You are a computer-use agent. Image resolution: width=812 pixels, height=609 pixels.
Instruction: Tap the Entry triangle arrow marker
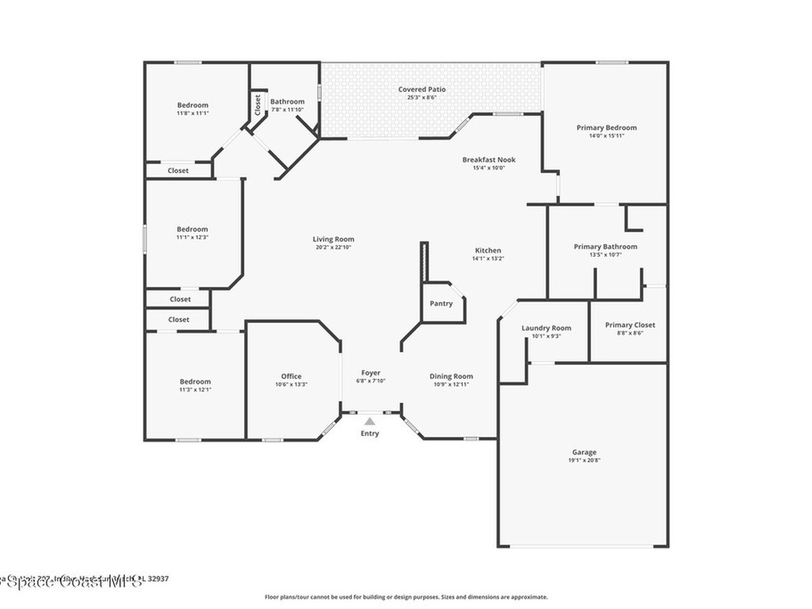(370, 422)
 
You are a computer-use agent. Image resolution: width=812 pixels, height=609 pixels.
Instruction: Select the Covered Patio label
(421, 90)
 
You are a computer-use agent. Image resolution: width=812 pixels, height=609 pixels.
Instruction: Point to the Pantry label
(441, 304)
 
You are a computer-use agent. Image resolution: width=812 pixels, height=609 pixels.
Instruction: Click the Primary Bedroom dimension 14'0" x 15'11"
(606, 136)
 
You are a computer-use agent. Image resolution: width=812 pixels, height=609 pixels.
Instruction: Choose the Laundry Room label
(546, 328)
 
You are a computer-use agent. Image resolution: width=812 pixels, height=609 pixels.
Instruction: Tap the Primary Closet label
(630, 325)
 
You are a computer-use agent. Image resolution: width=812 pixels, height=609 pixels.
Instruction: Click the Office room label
(291, 377)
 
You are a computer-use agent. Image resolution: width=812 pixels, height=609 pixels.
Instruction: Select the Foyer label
(370, 373)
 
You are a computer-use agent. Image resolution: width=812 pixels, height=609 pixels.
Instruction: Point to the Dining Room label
(451, 377)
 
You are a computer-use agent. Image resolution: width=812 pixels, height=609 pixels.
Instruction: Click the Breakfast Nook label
(488, 159)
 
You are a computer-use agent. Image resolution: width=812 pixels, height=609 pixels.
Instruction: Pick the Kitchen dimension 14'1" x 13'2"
(488, 259)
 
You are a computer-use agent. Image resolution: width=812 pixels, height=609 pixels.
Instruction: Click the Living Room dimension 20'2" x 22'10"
(333, 247)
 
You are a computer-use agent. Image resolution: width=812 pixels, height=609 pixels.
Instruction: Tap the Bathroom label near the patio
(287, 101)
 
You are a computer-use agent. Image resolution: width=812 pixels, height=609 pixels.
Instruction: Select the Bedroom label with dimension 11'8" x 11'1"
(193, 105)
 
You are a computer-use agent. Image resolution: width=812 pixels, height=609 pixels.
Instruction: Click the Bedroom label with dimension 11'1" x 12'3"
(193, 229)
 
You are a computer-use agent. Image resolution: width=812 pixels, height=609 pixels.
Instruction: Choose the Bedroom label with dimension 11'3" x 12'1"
(195, 381)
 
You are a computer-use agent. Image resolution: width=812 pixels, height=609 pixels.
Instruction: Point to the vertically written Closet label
(258, 104)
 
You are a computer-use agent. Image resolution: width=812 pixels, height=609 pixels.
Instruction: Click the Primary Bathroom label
(605, 247)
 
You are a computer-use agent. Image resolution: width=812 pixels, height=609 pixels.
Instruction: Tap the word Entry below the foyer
(370, 434)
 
